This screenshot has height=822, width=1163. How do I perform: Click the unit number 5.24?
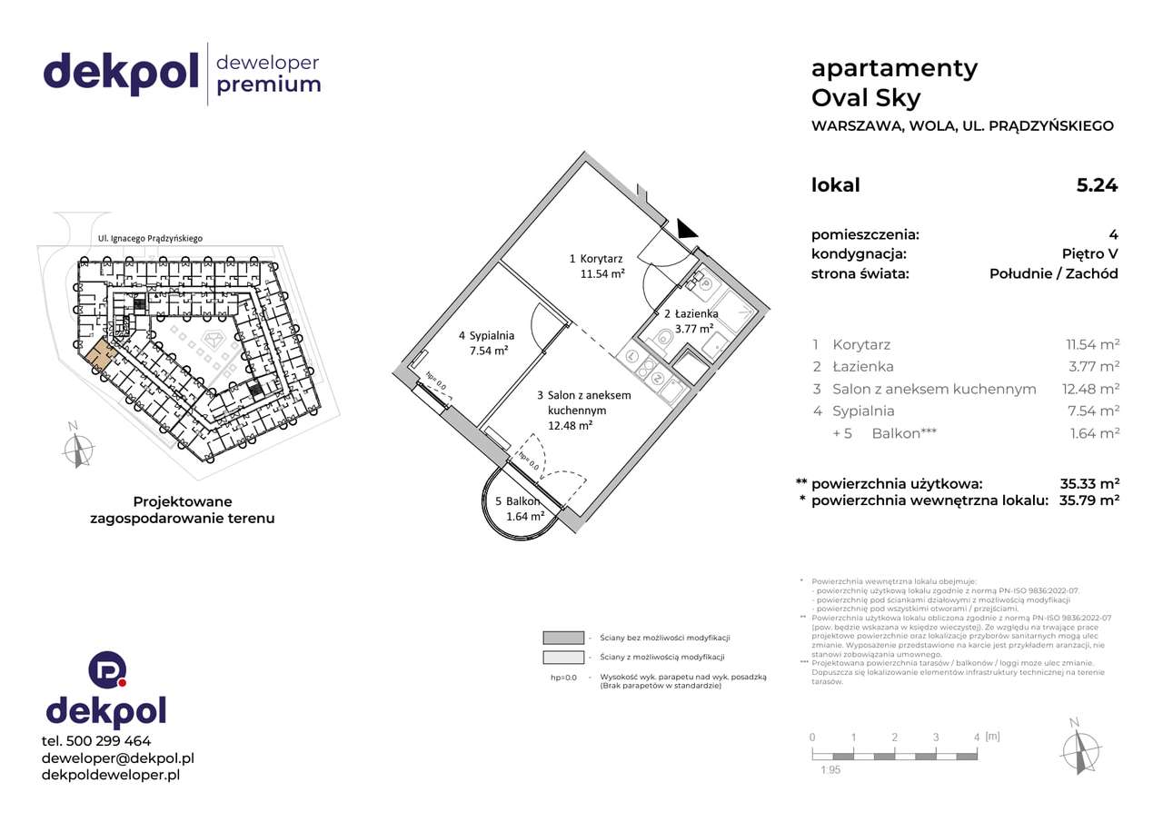point(1097,185)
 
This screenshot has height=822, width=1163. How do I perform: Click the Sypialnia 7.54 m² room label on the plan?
point(485,342)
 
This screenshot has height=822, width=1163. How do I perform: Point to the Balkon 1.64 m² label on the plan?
point(519,509)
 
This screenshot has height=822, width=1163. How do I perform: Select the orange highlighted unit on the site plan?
point(101,355)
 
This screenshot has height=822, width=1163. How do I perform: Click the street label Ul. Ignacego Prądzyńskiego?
point(150,239)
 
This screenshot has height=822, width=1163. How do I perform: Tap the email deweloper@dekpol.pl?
point(118,758)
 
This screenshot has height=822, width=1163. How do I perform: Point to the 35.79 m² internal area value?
point(1088,500)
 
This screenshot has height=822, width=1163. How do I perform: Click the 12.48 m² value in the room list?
point(1092,389)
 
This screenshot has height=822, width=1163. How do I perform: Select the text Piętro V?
point(1089,254)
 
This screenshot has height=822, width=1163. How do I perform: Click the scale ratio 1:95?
point(830,770)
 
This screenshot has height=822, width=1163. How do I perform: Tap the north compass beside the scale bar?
point(1078,747)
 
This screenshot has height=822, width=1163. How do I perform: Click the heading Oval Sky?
point(865,98)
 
